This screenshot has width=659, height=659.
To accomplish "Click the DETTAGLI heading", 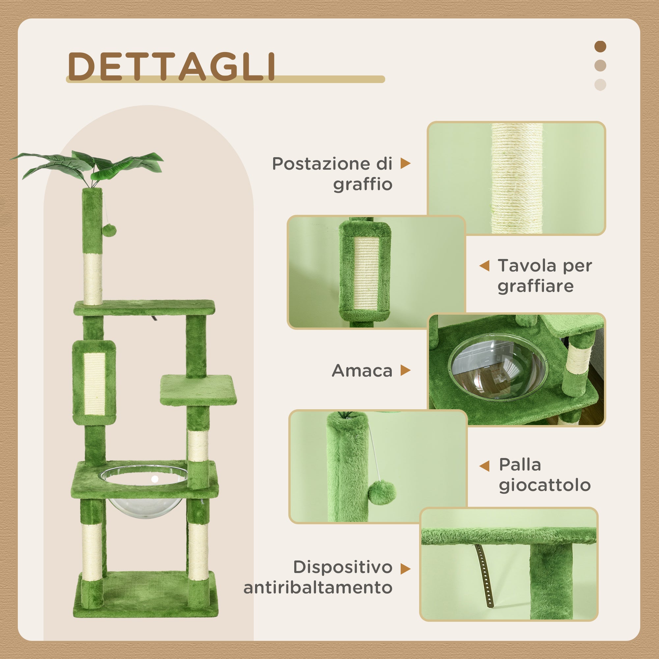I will point(172,67).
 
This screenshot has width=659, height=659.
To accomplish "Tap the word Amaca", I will point(362,371).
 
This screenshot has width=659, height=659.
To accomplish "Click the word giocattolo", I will point(545,485).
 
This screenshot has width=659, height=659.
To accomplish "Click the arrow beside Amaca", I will point(405,370).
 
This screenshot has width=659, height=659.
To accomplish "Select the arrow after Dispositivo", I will point(405,569).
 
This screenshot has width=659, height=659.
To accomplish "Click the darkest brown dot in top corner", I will point(600,46).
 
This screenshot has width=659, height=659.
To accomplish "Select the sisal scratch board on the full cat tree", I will point(94,384).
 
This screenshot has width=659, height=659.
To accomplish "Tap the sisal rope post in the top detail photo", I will point(517,179).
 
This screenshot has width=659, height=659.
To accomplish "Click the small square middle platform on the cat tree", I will point(198,390).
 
